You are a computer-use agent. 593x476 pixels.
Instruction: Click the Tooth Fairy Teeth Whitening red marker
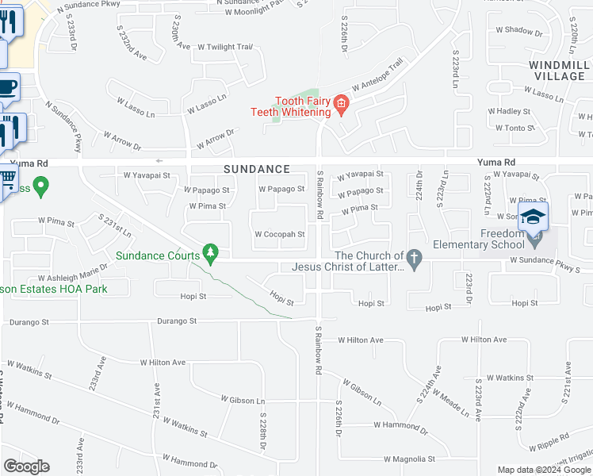[x=342, y=104]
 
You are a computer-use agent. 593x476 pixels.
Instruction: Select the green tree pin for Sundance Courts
[x=209, y=252]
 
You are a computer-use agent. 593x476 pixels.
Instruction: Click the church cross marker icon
[x=413, y=256]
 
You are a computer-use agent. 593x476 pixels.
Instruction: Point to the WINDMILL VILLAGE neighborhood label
[x=555, y=69]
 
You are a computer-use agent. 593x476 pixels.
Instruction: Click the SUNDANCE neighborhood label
[x=255, y=169]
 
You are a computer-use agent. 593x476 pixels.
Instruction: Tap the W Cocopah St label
[x=279, y=234]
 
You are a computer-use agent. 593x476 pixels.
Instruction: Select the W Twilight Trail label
[x=224, y=47]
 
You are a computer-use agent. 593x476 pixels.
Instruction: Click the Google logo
[x=26, y=466]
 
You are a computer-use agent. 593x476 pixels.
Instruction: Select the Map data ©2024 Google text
[x=543, y=470]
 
